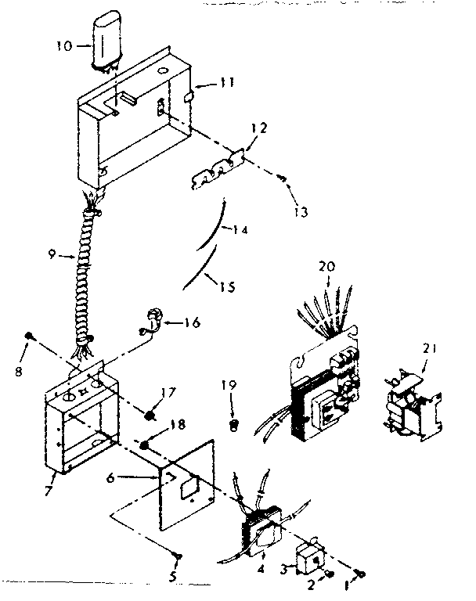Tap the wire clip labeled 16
point(153,320)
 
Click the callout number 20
point(326,267)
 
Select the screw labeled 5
point(178,556)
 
